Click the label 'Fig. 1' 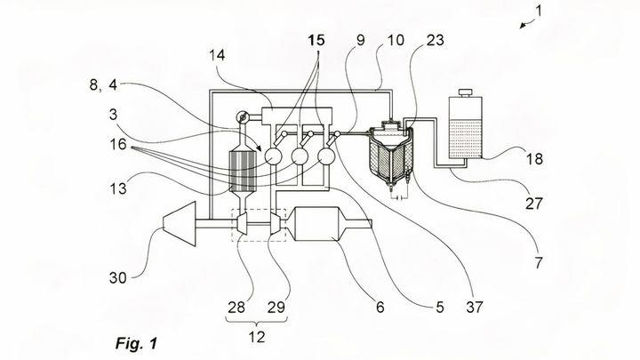click(x=136, y=341)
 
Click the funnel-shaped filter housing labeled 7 click(x=388, y=161)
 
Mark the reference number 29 click(x=276, y=307)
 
